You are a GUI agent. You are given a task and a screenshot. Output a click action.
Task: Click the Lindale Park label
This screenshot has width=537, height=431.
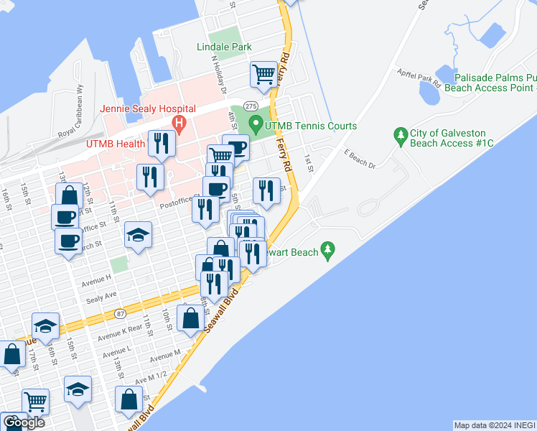(x=224, y=47)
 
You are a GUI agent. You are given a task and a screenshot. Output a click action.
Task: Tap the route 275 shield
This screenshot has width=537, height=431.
(x=251, y=106)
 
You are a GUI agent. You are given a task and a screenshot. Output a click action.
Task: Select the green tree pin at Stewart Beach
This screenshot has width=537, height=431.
(x=328, y=251)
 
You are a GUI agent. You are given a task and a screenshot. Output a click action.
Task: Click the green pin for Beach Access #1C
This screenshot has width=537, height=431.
(x=400, y=134)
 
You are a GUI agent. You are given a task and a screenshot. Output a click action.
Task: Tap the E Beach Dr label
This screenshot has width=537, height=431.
(x=360, y=159)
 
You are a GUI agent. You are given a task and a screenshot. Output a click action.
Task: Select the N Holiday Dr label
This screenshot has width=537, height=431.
(x=218, y=75)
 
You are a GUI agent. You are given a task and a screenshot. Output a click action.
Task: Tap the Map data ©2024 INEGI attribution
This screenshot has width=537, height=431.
(x=494, y=425)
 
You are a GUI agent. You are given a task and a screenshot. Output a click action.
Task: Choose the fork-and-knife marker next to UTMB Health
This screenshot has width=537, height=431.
(x=161, y=144)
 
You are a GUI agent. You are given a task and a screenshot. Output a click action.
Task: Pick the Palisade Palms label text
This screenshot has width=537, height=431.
(x=489, y=77)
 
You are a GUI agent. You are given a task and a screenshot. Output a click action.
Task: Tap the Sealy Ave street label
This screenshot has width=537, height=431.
(x=101, y=296)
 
